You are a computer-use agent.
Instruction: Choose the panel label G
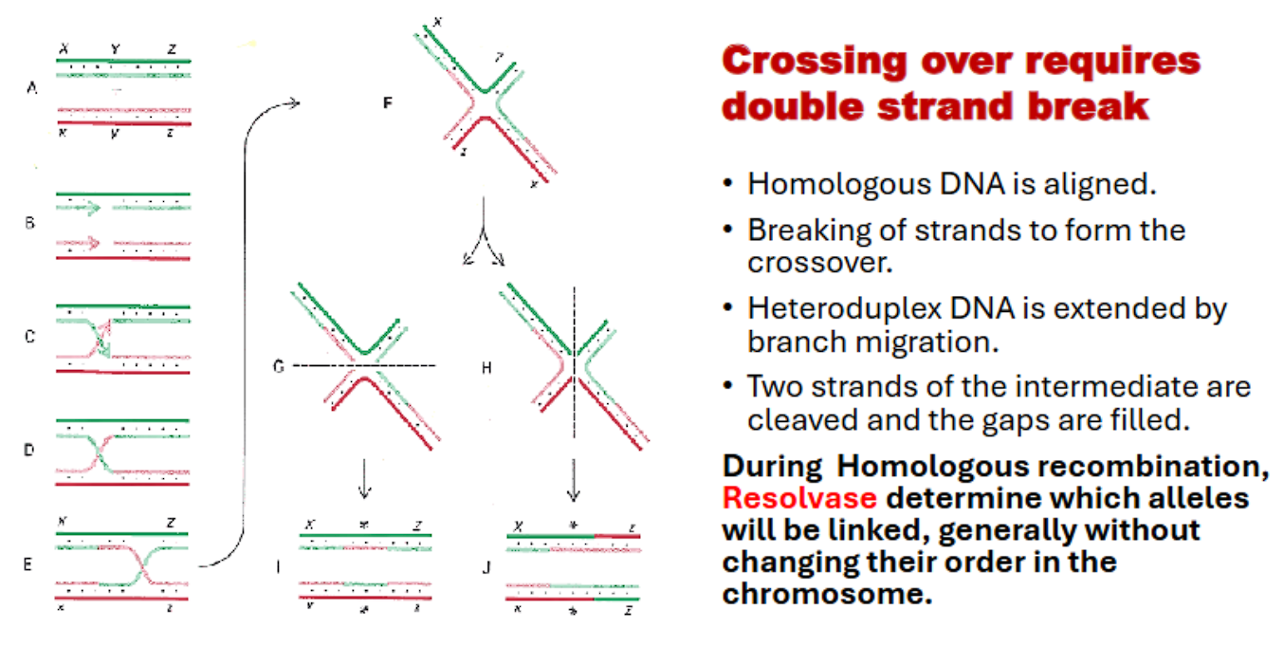pos(279,365)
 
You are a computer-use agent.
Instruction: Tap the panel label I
pos(277,567)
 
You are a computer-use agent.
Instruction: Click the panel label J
pos(486,568)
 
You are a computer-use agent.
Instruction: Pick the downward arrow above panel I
pos(365,483)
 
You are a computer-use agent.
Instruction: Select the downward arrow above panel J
pos(573,483)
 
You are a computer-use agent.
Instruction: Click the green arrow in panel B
pos(86,205)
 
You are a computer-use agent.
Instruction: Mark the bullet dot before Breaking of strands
pos(728,231)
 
